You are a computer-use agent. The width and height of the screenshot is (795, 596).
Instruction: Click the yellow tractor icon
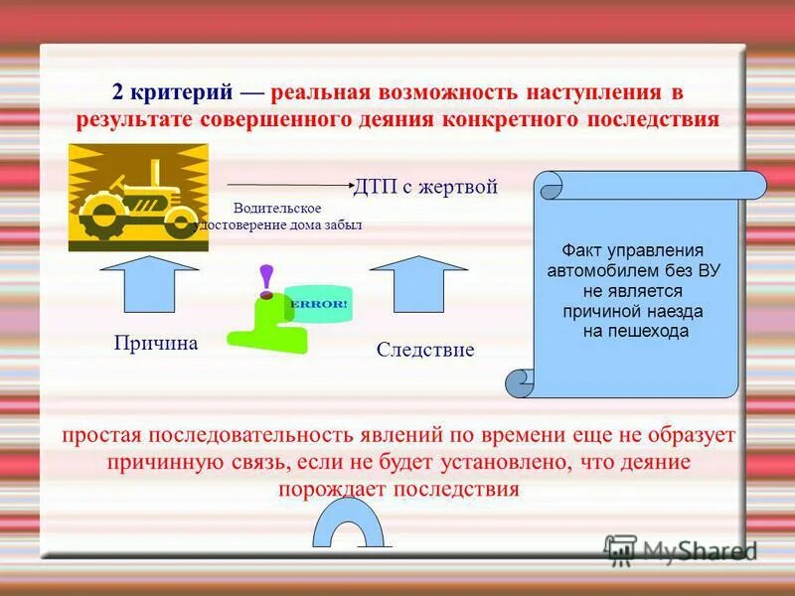[x=138, y=197]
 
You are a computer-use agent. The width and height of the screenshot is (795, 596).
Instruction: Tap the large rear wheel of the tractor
[x=103, y=213]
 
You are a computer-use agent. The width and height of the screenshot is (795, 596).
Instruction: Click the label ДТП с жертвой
[x=425, y=187]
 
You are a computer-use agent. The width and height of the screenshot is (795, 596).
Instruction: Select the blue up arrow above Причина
[x=150, y=284]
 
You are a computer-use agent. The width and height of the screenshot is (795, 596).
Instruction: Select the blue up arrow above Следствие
[x=418, y=284]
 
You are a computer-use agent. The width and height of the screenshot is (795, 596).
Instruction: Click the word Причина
[x=157, y=344]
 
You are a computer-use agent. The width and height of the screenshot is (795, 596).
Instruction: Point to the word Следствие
[x=425, y=350]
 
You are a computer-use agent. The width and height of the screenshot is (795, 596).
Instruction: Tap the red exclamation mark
[x=265, y=281]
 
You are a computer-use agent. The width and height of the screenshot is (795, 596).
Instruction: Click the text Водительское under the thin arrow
[x=277, y=208]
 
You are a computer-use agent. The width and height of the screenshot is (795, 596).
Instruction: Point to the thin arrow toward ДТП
[x=288, y=185]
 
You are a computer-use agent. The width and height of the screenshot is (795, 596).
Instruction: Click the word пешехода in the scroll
[x=651, y=332]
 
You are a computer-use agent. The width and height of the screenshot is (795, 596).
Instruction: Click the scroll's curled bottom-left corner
[x=520, y=382]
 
